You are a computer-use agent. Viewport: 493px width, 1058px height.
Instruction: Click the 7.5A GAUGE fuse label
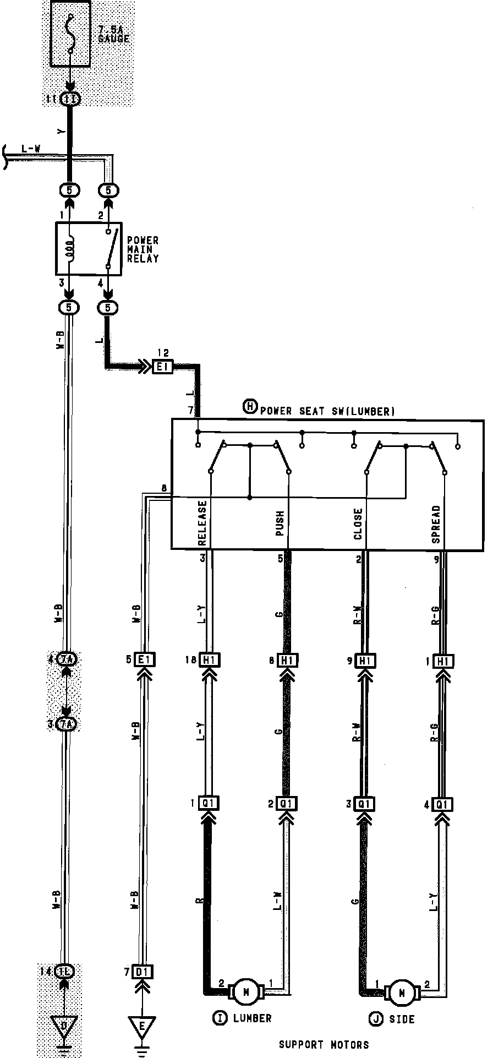113,34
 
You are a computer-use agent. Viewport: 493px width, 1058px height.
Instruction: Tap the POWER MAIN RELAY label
143,249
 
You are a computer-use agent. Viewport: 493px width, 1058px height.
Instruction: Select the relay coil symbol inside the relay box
69,249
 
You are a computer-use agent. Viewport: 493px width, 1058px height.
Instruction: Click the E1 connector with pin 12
163,366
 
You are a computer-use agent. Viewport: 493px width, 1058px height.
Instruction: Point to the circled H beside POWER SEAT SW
250,407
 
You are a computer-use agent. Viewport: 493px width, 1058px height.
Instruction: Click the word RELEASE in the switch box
202,522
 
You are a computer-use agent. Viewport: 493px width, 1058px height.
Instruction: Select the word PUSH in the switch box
280,523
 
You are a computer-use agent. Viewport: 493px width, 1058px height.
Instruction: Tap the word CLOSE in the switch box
358,523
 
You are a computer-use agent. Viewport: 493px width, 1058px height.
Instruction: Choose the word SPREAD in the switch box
436,524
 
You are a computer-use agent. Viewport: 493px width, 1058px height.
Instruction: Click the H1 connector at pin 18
209,660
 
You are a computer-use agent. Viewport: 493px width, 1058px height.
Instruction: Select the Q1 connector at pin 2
287,804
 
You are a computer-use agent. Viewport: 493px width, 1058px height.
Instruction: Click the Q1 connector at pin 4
442,804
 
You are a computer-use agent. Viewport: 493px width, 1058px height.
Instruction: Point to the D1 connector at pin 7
143,972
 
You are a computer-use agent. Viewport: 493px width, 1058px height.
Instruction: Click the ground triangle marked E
142,1026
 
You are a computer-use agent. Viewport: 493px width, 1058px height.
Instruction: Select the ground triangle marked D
64,1026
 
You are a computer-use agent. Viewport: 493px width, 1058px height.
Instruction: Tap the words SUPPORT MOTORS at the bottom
324,1044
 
